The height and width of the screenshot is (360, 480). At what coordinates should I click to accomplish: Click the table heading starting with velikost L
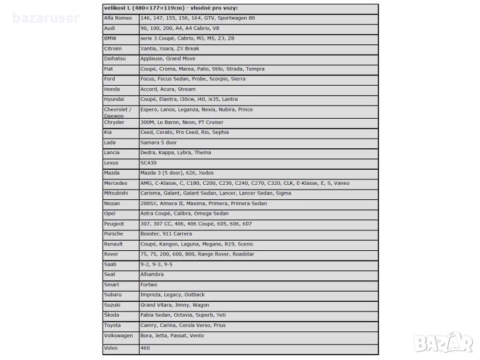pyautogui.click(x=170, y=8)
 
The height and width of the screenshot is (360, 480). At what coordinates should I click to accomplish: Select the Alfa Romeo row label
pyautogui.click(x=118, y=19)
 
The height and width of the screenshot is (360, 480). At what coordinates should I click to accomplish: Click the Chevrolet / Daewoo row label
pyautogui.click(x=118, y=112)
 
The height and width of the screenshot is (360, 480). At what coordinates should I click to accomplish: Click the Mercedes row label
pyautogui.click(x=116, y=183)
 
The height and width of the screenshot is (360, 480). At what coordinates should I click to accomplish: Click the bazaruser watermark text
pyautogui.click(x=46, y=19)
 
